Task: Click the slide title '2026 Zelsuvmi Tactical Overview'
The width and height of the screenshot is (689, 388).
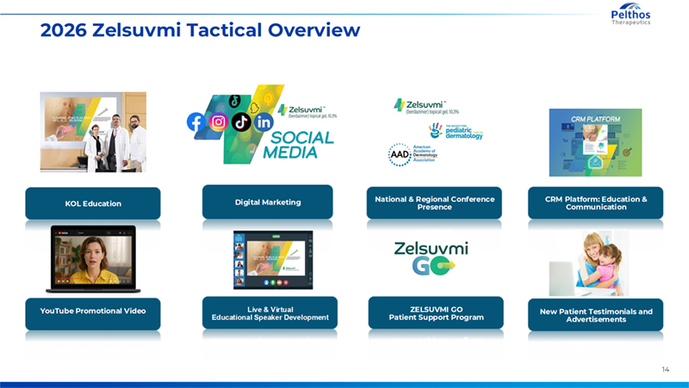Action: [200, 31]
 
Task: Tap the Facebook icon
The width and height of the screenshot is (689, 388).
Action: [196, 122]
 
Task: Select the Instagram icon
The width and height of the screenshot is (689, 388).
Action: [219, 122]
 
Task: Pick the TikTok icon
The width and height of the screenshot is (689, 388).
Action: [242, 122]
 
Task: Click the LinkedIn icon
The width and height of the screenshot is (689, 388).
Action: [264, 122]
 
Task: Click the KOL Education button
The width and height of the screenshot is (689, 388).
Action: [93, 203]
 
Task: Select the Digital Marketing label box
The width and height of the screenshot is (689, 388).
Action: [268, 202]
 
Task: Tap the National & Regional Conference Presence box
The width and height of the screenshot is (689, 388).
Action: [435, 203]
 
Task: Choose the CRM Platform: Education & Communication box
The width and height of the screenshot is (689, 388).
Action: [596, 203]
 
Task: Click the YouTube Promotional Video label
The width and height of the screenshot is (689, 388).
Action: [93, 311]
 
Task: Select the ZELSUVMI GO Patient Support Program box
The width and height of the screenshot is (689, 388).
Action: [436, 312]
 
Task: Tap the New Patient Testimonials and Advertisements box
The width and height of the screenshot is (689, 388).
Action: [596, 315]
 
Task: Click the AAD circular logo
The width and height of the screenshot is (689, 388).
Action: [400, 153]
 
